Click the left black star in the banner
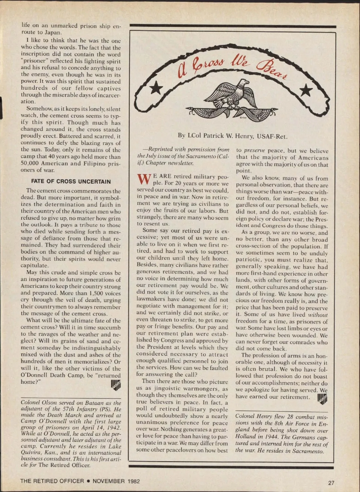pos(156,88)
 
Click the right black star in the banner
pos(306,90)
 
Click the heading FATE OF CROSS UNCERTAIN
pos(71,181)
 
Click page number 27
pos(331,483)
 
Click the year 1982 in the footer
pos(133,481)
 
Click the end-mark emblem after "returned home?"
pos(115,385)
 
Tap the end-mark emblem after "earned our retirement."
pos(322,399)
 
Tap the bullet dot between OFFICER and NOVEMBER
pos(88,481)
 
